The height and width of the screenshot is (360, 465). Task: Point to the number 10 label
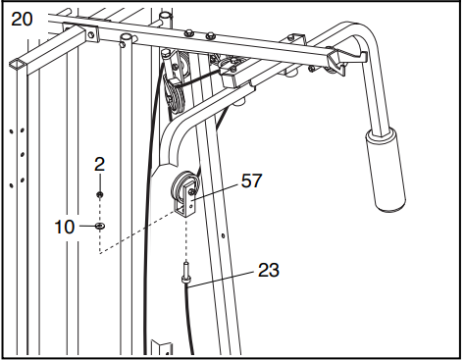[63, 228]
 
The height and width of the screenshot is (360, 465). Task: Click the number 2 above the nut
[99, 166]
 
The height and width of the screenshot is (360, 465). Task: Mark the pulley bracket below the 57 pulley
[187, 206]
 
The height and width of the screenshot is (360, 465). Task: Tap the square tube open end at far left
[18, 63]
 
